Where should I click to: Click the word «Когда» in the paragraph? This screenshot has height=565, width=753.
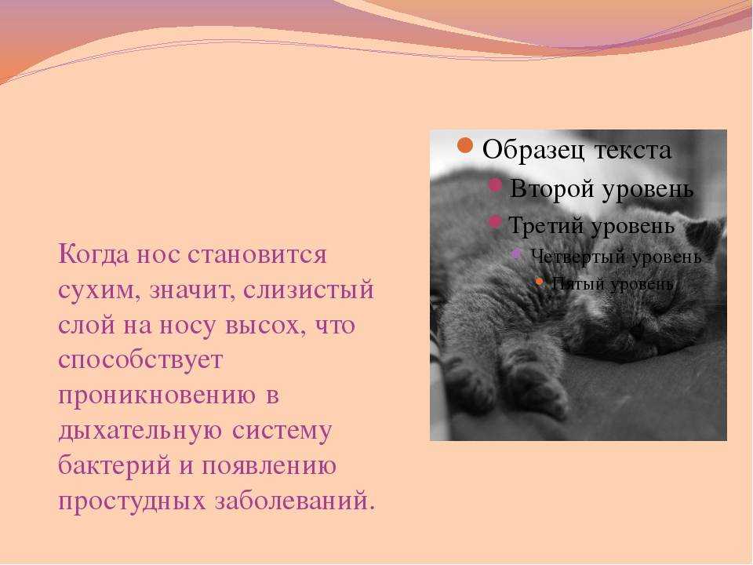(93, 254)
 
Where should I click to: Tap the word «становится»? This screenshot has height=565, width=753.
(257, 254)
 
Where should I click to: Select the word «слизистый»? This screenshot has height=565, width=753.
(308, 290)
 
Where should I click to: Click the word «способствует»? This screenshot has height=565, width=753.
(140, 360)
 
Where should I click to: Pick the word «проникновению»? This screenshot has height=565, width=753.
(157, 395)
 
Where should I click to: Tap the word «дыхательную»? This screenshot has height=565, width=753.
(140, 431)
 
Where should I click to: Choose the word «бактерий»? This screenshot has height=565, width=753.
(115, 465)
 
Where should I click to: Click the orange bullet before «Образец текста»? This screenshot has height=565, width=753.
(465, 146)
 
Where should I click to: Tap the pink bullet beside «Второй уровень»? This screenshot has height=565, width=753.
(495, 185)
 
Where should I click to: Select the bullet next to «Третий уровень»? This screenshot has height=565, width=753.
(495, 222)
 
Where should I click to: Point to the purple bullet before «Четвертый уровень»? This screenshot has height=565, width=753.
(517, 253)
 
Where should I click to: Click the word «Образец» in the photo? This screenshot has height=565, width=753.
(534, 150)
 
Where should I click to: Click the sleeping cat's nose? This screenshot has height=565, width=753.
(638, 330)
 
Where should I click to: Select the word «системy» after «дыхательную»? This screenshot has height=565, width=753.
(282, 431)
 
